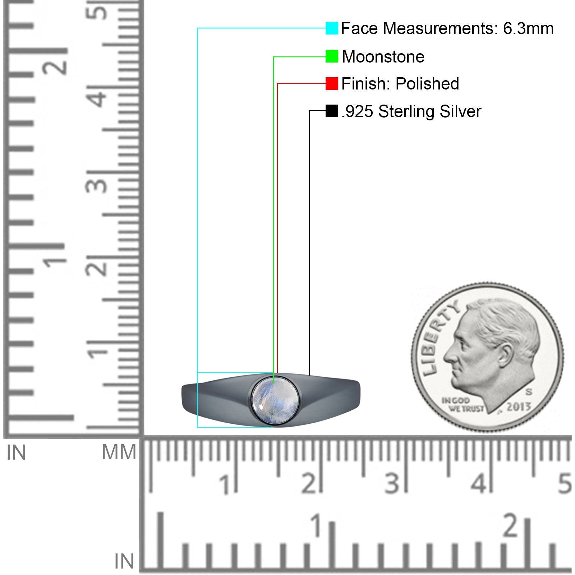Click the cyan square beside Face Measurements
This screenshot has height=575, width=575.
coord(332,28)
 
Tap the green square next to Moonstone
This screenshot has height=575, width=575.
coord(332,56)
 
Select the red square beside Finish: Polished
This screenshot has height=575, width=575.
coord(332,83)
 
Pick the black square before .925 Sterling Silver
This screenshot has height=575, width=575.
coord(332,111)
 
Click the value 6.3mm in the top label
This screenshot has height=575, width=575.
coord(528,28)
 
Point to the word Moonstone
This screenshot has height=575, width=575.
coord(383,56)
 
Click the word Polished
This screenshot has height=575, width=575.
coord(427,83)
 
